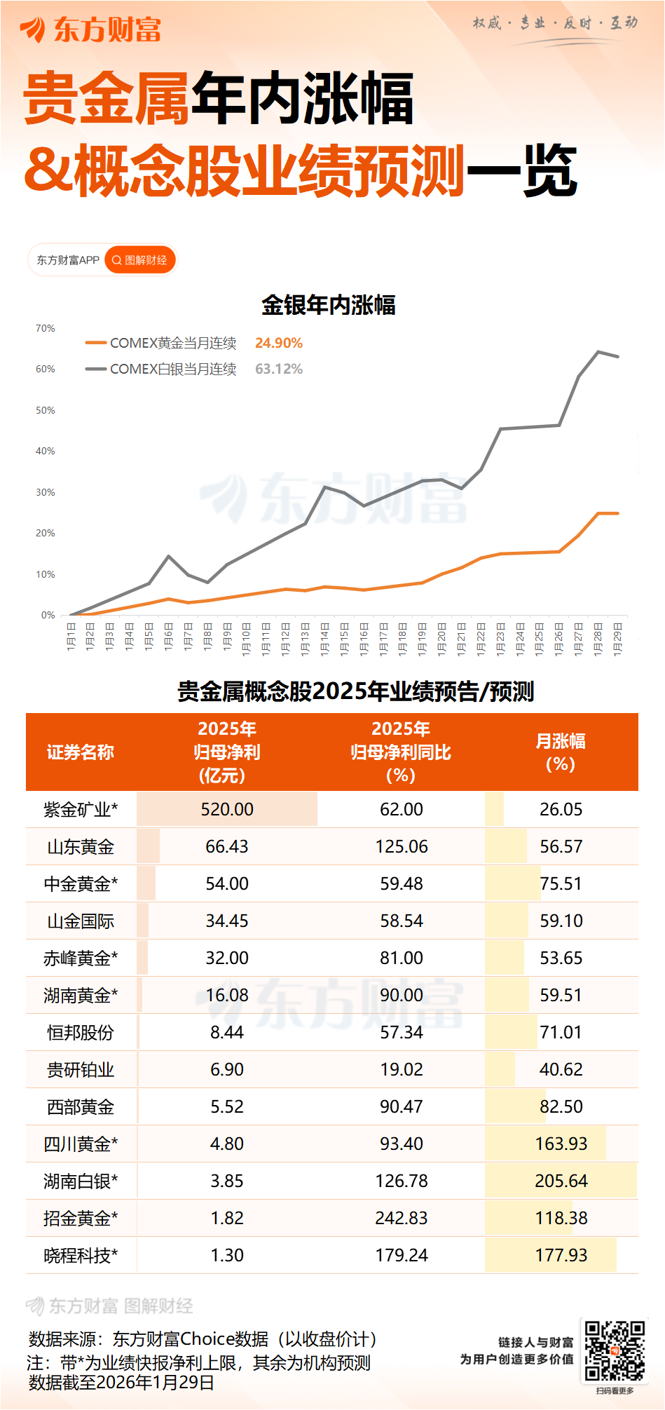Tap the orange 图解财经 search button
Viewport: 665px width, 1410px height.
[x=140, y=260]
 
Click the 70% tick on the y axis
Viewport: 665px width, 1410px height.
[x=46, y=328]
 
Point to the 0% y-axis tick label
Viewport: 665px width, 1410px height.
[x=48, y=615]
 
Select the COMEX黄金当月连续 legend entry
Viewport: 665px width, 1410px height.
[x=160, y=343]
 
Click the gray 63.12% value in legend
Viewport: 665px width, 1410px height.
[x=279, y=369]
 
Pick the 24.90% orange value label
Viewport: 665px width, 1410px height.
[x=279, y=343]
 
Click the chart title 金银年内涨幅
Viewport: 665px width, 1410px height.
[x=329, y=305]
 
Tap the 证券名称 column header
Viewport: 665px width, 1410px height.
[x=81, y=752]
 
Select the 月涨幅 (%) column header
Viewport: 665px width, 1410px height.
[x=561, y=752]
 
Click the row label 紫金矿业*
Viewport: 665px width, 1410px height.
[x=81, y=810]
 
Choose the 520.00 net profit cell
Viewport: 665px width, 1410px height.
[x=227, y=810]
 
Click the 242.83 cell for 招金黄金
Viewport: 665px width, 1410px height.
[x=402, y=1218]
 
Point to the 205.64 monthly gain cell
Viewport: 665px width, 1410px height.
[x=561, y=1181]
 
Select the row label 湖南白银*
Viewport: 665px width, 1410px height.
[x=81, y=1181]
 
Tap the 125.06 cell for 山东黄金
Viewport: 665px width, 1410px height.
[x=402, y=846]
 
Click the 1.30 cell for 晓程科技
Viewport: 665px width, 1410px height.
[x=227, y=1255]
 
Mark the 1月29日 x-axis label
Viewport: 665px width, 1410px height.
[x=618, y=637]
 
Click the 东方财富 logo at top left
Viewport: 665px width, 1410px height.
[x=91, y=29]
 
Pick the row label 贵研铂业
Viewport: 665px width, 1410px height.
[x=81, y=1070]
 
